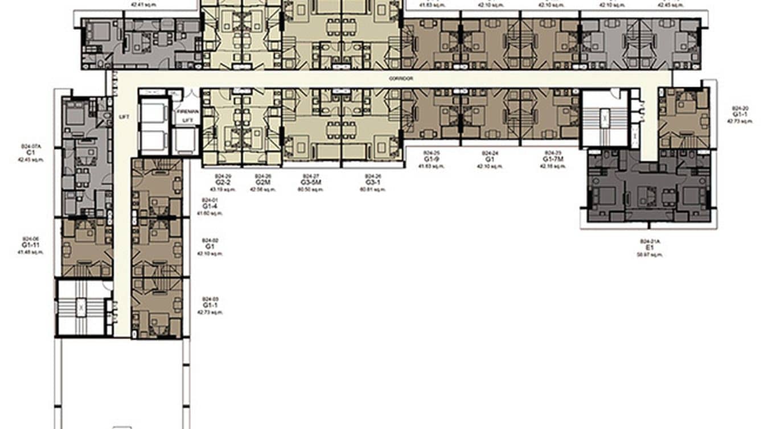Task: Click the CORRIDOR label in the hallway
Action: coord(401,79)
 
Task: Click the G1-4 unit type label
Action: coord(210,207)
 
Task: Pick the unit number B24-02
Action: coord(210,240)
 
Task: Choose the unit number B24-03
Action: coord(210,299)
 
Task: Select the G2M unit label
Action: coord(262,183)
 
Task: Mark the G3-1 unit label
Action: coord(373,183)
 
